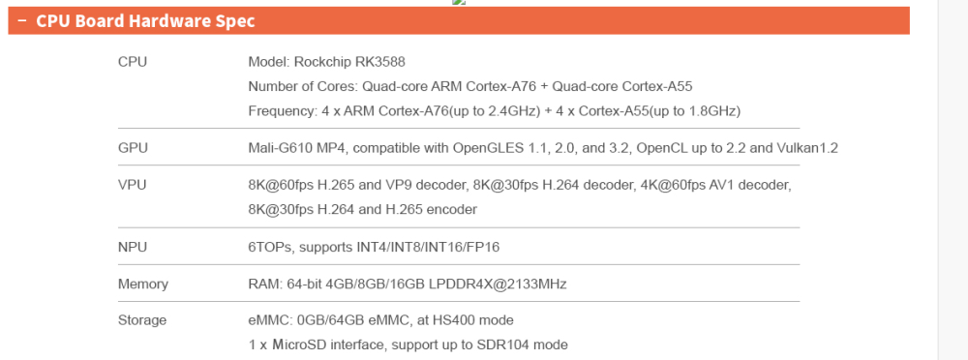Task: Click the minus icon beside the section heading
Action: [x=22, y=20]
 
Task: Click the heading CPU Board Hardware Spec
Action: [x=145, y=21]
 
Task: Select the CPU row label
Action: [x=133, y=62]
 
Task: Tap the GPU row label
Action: [x=133, y=148]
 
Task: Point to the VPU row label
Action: [x=132, y=185]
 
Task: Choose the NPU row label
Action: [x=133, y=247]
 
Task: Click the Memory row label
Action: [x=143, y=285]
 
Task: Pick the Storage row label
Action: [x=142, y=320]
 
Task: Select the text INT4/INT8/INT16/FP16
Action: [x=427, y=247]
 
